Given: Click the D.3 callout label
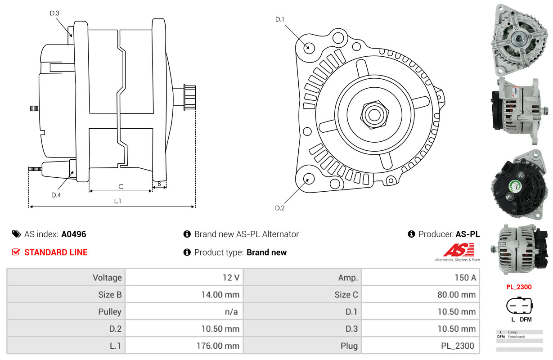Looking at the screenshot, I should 54,13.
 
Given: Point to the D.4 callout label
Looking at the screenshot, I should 56,195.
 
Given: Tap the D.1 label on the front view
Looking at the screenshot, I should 280,19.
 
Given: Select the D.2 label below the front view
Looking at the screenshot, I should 280,208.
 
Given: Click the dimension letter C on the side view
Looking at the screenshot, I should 121,186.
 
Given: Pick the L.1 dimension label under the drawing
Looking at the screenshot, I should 117,201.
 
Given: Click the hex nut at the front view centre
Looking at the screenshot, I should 373,114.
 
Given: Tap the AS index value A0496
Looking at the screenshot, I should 74,234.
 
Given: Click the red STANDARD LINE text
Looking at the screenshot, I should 56,252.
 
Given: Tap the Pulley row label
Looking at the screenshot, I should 110,312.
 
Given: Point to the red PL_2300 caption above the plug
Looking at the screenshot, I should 519,287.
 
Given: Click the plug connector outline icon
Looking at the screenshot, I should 520,306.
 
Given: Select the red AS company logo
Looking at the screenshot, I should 459,250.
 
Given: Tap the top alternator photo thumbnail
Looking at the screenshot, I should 520,40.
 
